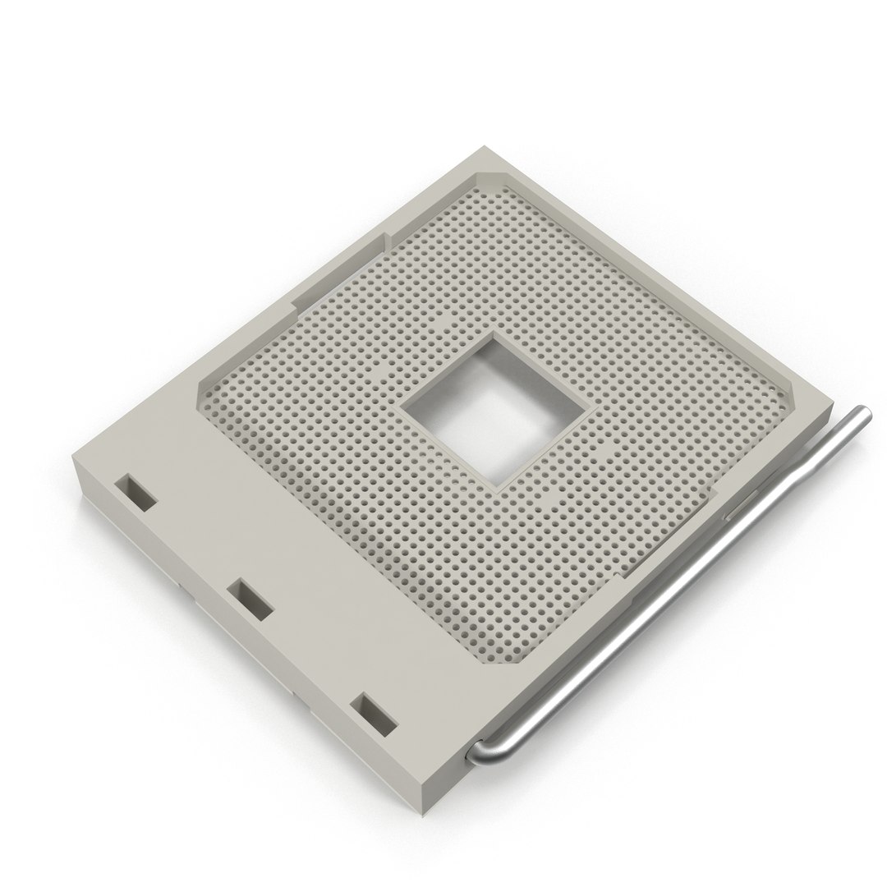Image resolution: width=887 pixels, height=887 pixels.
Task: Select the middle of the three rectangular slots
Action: pyautogui.click(x=250, y=596)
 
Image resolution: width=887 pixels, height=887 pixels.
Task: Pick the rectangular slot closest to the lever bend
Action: pyautogui.click(x=374, y=710)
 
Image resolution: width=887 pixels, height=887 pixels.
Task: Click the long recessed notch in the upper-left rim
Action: pyautogui.click(x=337, y=271)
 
